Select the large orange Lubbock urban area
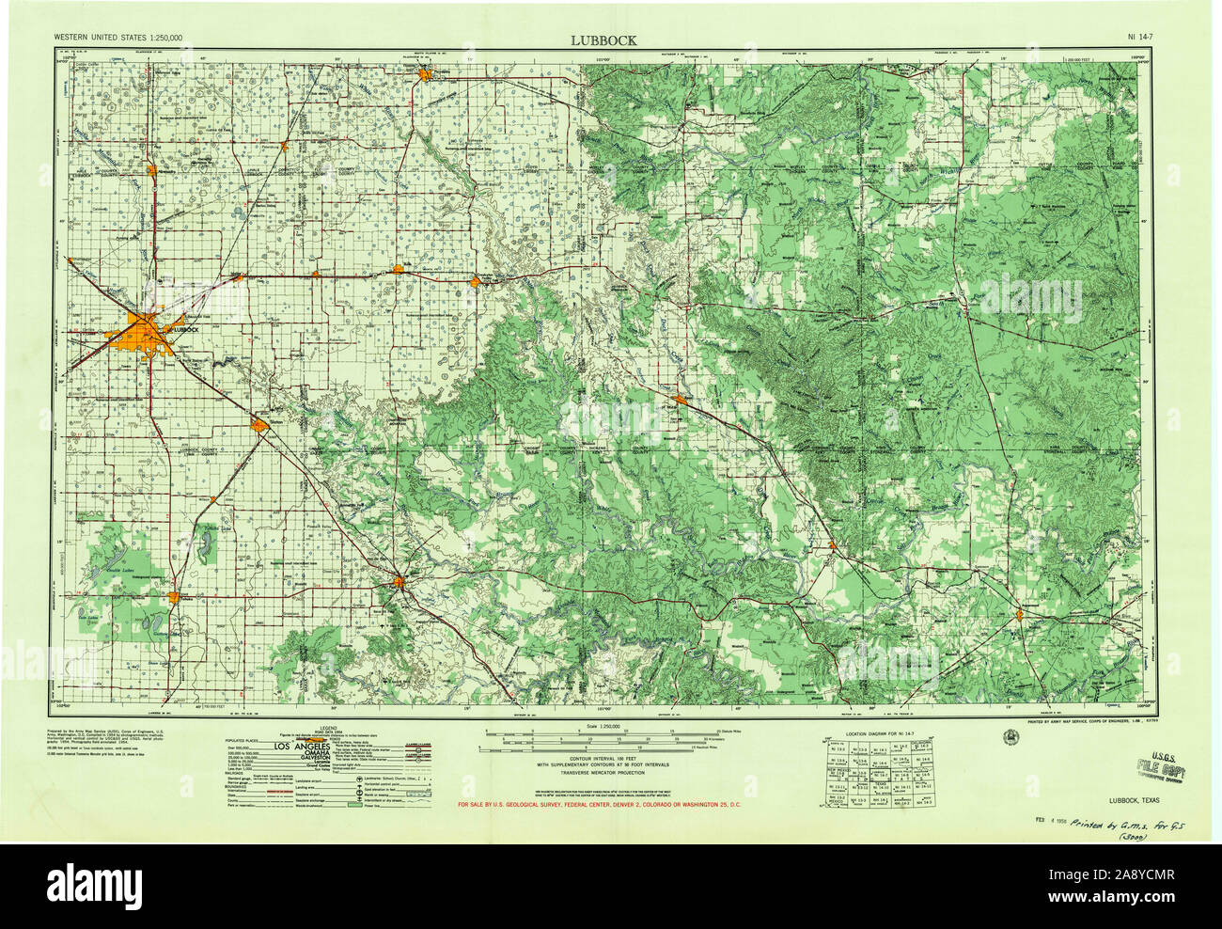tap(141, 333)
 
